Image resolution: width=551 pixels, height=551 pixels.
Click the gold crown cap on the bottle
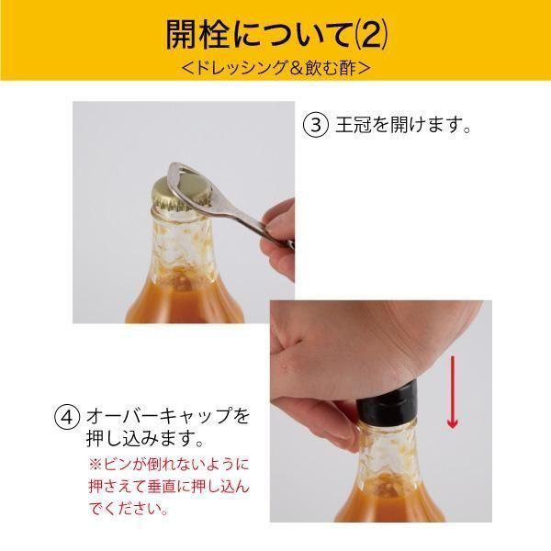(180, 195)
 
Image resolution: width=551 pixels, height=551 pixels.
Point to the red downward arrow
(453, 392)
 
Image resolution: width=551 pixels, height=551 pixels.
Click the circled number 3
(316, 125)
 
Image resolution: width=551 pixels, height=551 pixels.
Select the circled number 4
(67, 418)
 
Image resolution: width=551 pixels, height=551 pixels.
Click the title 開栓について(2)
(277, 35)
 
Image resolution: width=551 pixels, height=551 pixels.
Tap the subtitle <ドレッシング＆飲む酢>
(276, 68)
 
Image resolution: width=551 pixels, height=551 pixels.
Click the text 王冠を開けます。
(403, 125)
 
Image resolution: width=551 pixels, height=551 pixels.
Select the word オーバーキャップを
(168, 417)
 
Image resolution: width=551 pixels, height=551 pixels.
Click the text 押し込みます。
(145, 439)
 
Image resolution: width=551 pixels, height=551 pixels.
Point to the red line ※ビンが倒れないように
(169, 465)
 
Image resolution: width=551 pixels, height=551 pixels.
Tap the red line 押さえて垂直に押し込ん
(169, 487)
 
